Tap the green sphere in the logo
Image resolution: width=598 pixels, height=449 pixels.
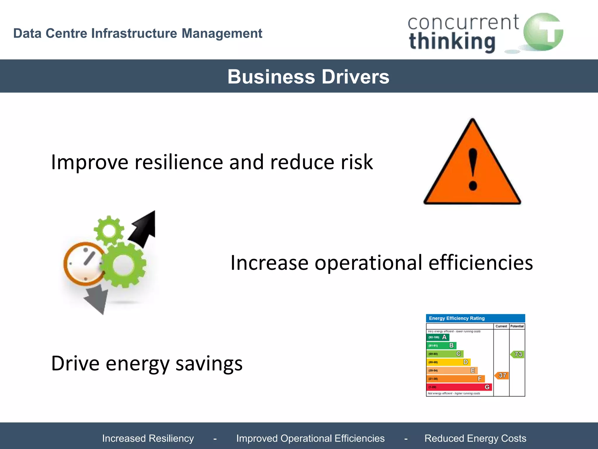click(x=543, y=32)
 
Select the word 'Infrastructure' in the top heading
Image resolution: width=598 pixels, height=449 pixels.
click(x=134, y=33)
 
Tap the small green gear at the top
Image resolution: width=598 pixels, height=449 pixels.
click(x=109, y=231)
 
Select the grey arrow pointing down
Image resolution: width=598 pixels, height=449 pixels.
click(x=97, y=300)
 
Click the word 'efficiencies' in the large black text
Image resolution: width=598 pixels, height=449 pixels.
click(x=480, y=263)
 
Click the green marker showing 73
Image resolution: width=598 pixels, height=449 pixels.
click(x=517, y=354)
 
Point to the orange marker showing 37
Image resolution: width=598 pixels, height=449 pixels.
click(x=502, y=375)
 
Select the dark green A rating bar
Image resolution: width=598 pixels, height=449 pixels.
click(x=437, y=337)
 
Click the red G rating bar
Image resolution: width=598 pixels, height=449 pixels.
click(x=459, y=387)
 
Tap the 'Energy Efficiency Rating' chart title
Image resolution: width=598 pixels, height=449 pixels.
click(x=457, y=318)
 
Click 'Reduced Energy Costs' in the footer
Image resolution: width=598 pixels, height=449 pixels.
click(x=475, y=438)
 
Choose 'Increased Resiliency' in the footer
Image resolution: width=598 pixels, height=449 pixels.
click(x=148, y=438)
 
